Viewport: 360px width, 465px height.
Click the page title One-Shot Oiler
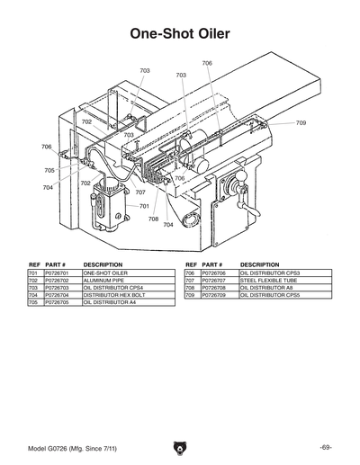(x=180, y=34)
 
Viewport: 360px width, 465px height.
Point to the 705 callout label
(x=49, y=170)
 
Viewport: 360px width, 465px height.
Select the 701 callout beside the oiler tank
(x=144, y=206)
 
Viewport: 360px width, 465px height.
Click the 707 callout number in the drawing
(x=140, y=192)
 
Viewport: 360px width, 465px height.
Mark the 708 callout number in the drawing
(x=154, y=219)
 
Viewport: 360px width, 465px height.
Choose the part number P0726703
(x=58, y=287)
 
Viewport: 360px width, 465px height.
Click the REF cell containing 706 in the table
(x=191, y=273)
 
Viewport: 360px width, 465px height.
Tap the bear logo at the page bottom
(x=180, y=448)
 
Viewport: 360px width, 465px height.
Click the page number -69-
(x=325, y=448)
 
